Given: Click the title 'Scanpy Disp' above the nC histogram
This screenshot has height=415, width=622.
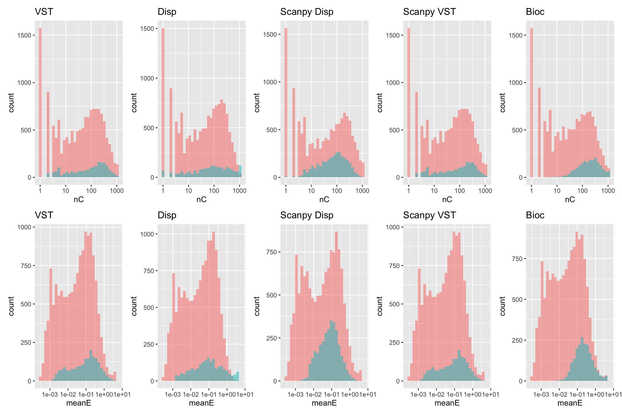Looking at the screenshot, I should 307,12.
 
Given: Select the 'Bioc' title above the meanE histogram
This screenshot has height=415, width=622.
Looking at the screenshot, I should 535,215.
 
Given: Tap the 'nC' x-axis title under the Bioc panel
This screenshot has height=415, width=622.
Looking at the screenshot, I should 570,199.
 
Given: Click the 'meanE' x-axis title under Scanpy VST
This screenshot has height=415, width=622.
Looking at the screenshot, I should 447,403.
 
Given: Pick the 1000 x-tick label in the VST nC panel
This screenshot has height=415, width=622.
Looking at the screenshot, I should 117,191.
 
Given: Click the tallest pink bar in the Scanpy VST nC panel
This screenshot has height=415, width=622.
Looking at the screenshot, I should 409,103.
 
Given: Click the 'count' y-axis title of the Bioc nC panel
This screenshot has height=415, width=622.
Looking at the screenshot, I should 502,103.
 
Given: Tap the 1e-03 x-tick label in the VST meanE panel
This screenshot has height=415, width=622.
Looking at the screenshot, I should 50,394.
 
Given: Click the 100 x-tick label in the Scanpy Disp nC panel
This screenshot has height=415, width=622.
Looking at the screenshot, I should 337,191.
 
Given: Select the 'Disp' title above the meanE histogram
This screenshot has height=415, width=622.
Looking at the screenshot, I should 167,215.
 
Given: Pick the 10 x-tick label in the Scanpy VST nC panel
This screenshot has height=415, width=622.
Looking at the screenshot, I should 434,191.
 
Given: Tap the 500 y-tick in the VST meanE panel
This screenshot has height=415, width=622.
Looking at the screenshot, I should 26,304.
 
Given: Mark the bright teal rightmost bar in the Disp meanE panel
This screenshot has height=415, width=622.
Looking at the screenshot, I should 238,376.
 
